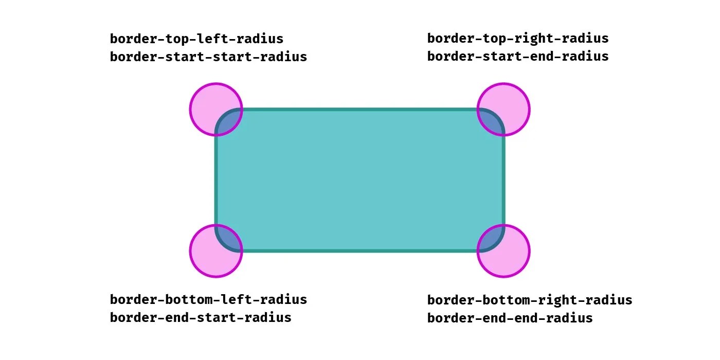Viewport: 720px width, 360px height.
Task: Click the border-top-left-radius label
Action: [x=196, y=39]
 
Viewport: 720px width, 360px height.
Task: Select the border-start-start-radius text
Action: [x=208, y=57]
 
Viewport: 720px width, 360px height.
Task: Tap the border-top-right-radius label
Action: [x=518, y=39]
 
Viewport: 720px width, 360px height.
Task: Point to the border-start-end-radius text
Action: [x=518, y=56]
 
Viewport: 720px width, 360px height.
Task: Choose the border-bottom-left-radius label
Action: [x=208, y=299]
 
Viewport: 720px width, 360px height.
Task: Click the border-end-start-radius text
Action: [x=201, y=317]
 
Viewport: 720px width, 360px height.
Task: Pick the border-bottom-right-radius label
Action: [x=530, y=300]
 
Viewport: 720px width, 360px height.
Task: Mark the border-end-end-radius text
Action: [x=510, y=318]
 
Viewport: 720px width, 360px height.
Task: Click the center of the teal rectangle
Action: [x=360, y=180]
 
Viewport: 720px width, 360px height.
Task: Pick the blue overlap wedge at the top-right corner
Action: [x=492, y=120]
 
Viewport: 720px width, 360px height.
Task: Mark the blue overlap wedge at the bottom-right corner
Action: [x=492, y=240]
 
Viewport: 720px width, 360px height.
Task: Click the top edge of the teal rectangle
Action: [x=360, y=110]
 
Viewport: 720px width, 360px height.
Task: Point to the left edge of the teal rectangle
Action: [x=217, y=180]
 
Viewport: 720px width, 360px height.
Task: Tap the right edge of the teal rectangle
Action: [x=503, y=180]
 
